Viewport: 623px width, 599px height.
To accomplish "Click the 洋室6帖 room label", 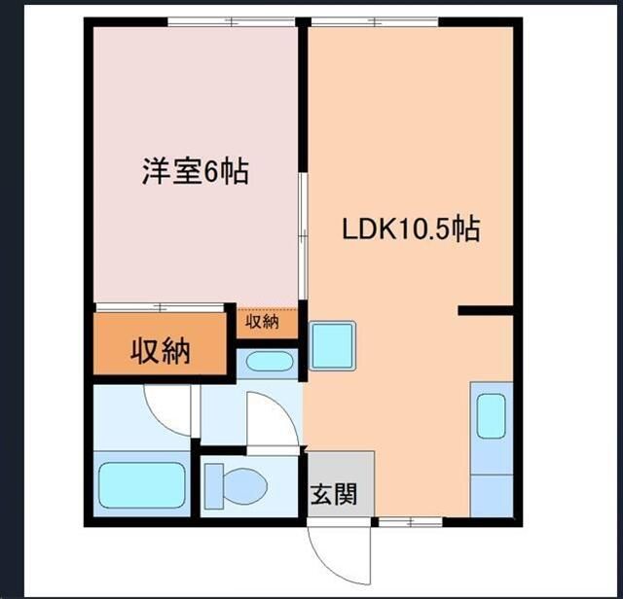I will click(195, 173).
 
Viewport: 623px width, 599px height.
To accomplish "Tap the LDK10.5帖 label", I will click(410, 229).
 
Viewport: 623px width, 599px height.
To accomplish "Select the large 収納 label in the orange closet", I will click(160, 350).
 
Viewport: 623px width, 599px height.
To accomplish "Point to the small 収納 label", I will click(262, 322).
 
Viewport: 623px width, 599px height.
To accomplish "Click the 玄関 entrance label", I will click(333, 494).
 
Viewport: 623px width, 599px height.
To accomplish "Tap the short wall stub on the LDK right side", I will click(486, 311).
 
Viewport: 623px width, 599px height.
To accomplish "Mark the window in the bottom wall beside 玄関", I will click(410, 523).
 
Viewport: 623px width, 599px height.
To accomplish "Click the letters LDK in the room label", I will click(365, 230).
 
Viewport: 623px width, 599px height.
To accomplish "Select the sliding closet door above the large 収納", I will click(160, 307).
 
